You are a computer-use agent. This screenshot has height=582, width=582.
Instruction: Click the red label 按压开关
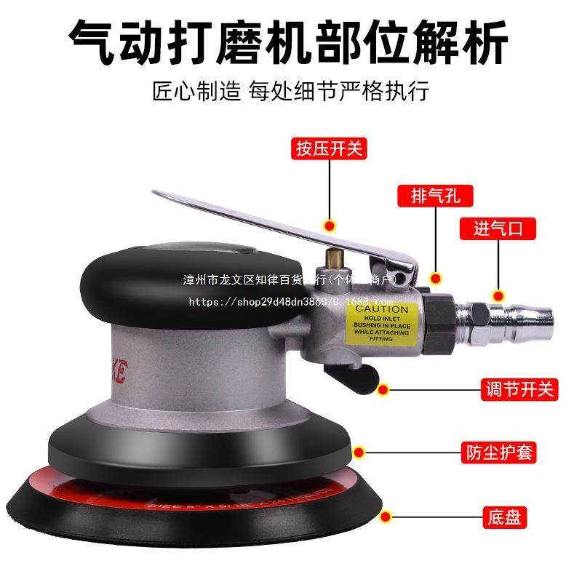329,150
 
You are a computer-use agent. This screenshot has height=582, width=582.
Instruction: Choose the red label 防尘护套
499,453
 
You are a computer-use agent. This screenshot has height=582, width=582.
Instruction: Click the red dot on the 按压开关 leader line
329,226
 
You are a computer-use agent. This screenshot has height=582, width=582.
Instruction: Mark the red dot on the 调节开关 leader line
383,389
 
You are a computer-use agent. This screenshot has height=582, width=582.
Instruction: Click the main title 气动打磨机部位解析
290,42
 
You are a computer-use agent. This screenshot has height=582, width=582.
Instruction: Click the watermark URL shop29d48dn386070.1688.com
291,302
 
